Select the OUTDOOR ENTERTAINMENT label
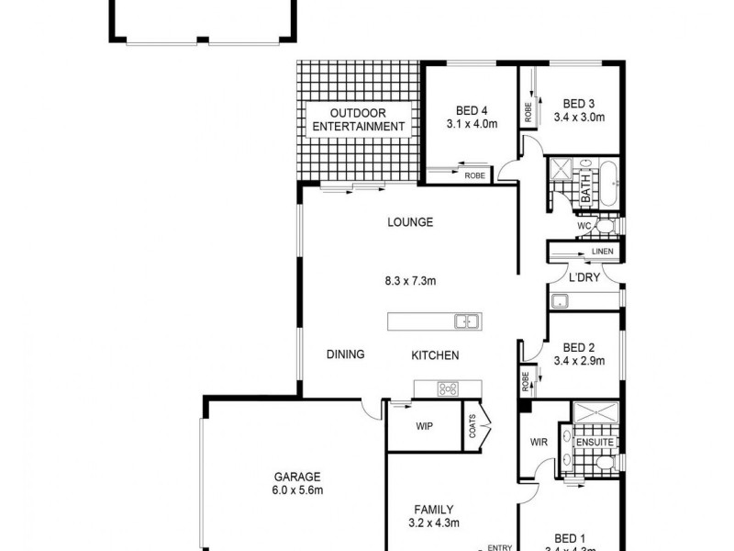(x=355, y=119)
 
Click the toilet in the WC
(x=605, y=227)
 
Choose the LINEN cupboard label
(x=603, y=252)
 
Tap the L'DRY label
(x=584, y=276)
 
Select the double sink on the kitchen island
(x=466, y=320)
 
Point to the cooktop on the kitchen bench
(x=449, y=389)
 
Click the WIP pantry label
(x=423, y=426)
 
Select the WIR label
(x=538, y=442)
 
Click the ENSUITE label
(x=595, y=442)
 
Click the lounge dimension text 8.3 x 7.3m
(x=409, y=282)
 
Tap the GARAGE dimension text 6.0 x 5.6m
(x=296, y=490)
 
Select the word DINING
(x=346, y=354)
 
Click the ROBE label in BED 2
(x=527, y=377)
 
